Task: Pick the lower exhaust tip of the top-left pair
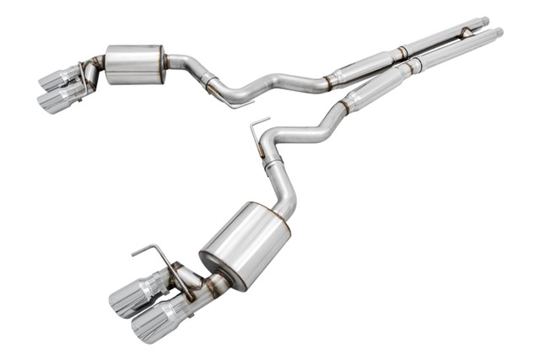tap(59, 99)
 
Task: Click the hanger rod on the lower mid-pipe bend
tap(258, 134)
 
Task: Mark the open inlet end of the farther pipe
tap(484, 20)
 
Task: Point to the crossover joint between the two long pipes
tap(463, 33)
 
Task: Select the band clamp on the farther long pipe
tap(403, 51)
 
